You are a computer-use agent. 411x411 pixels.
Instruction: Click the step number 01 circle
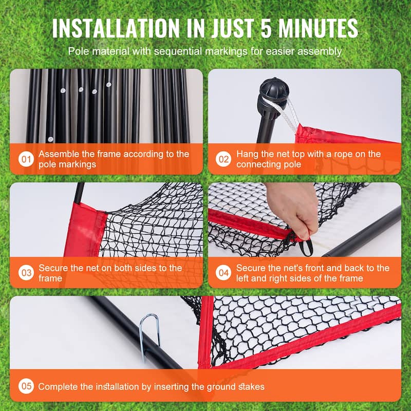(26, 159)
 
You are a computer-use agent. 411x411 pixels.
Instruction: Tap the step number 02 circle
(223, 159)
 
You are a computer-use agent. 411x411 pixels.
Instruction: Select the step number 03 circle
(26, 273)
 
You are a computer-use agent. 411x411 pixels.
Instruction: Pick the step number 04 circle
(223, 273)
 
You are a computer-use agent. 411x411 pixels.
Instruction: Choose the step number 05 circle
(26, 386)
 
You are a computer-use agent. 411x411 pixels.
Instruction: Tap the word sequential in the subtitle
(178, 51)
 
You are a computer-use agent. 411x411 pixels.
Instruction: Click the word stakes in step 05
(251, 387)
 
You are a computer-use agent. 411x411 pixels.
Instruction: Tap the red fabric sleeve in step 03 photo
(83, 230)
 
